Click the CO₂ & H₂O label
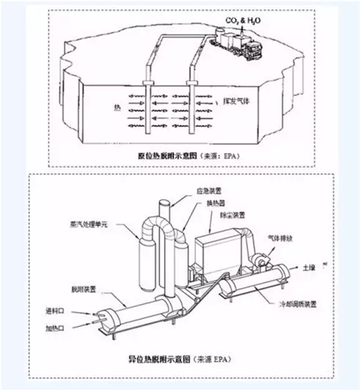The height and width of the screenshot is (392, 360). [x=236, y=19]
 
